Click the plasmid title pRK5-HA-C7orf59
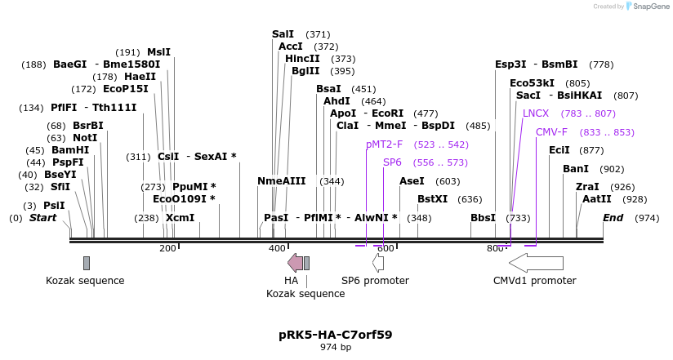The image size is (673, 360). pyautogui.click(x=335, y=335)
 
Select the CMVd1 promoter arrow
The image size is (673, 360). pyautogui.click(x=536, y=263)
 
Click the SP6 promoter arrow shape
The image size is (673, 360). pyautogui.click(x=378, y=263)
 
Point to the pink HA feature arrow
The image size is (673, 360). pyautogui.click(x=295, y=263)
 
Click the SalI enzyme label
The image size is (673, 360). pyautogui.click(x=283, y=34)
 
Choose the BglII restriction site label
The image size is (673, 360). pyautogui.click(x=305, y=71)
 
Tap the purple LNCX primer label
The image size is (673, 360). pyautogui.click(x=536, y=113)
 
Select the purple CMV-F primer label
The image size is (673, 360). pyautogui.click(x=551, y=132)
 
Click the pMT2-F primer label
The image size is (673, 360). pyautogui.click(x=384, y=144)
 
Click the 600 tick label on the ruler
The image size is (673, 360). pyautogui.click(x=386, y=248)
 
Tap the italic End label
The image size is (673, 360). pyautogui.click(x=613, y=218)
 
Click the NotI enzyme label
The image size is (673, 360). pyautogui.click(x=84, y=138)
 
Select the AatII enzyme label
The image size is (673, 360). pyautogui.click(x=596, y=199)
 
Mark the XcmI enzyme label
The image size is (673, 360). pyautogui.click(x=180, y=218)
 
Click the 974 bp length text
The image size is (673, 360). pyautogui.click(x=335, y=347)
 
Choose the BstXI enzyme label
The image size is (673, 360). pyautogui.click(x=432, y=199)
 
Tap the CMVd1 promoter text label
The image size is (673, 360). pyautogui.click(x=534, y=281)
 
